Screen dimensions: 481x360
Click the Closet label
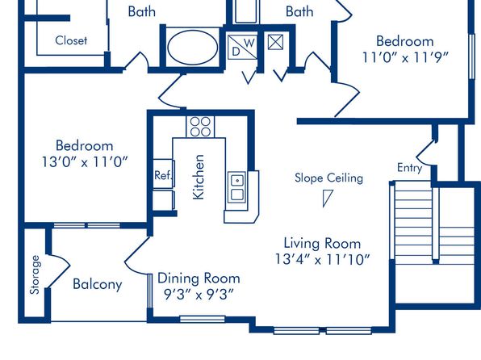point(71,40)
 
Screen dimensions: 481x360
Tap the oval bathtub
point(193,48)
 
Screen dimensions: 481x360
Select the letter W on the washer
point(249,43)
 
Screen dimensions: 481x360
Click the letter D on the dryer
point(236,52)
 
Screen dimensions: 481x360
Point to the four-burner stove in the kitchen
point(200,127)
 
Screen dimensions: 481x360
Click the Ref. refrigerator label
point(163,175)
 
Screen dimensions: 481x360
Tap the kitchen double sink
point(236,186)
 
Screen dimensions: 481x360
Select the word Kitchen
point(199,177)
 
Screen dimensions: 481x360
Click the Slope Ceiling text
point(328,178)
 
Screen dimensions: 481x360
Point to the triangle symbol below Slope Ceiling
point(327,198)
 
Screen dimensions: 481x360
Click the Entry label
point(409,168)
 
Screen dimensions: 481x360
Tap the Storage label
point(35,274)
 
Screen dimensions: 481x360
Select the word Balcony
point(98,284)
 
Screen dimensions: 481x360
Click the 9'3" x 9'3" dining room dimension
point(199,295)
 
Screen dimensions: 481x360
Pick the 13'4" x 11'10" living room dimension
point(322,259)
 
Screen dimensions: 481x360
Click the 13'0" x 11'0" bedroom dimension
point(85,161)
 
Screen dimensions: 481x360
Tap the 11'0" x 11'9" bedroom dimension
point(405,57)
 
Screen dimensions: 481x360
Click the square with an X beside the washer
point(275,42)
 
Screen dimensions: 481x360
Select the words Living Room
point(322,244)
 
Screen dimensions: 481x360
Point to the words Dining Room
point(199,278)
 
